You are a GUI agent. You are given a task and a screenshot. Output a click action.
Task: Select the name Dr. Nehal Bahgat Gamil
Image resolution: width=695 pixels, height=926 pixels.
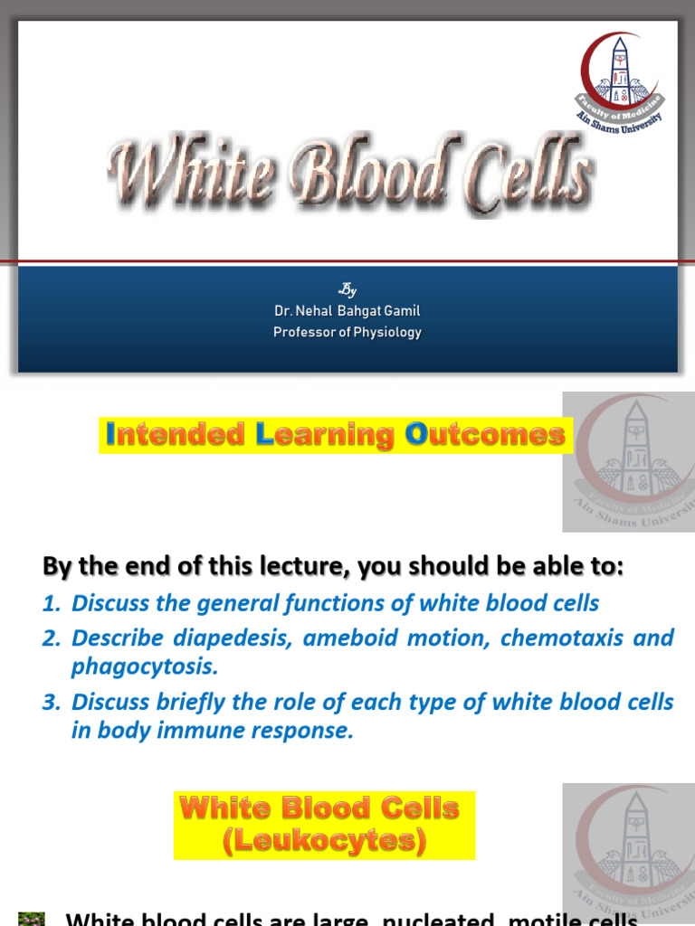click(x=347, y=311)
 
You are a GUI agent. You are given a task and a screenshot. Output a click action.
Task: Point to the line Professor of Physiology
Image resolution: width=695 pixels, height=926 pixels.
click(x=347, y=333)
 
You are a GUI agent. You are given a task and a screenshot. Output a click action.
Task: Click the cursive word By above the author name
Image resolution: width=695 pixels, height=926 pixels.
click(x=347, y=290)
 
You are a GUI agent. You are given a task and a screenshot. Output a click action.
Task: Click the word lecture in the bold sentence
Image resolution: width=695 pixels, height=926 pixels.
click(x=307, y=568)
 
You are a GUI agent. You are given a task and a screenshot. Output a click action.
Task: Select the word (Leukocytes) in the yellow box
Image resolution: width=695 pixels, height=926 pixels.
click(x=324, y=841)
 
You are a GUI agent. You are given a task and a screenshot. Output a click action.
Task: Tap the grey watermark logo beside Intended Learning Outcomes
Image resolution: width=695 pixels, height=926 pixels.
click(x=629, y=461)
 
